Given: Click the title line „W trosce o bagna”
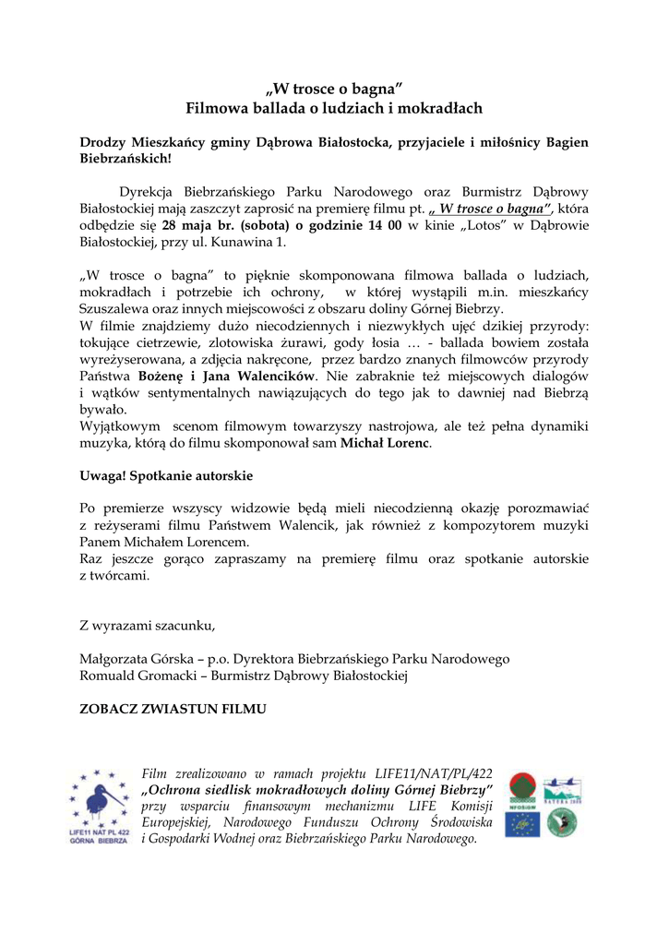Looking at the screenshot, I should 334,90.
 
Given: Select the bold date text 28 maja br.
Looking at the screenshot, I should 196,226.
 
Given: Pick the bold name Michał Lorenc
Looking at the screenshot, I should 385,443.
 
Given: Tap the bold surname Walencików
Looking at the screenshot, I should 275,377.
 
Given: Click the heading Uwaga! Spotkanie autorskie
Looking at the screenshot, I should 166,476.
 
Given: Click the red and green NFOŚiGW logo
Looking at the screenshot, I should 521,790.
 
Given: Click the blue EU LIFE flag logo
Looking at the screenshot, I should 521,824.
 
